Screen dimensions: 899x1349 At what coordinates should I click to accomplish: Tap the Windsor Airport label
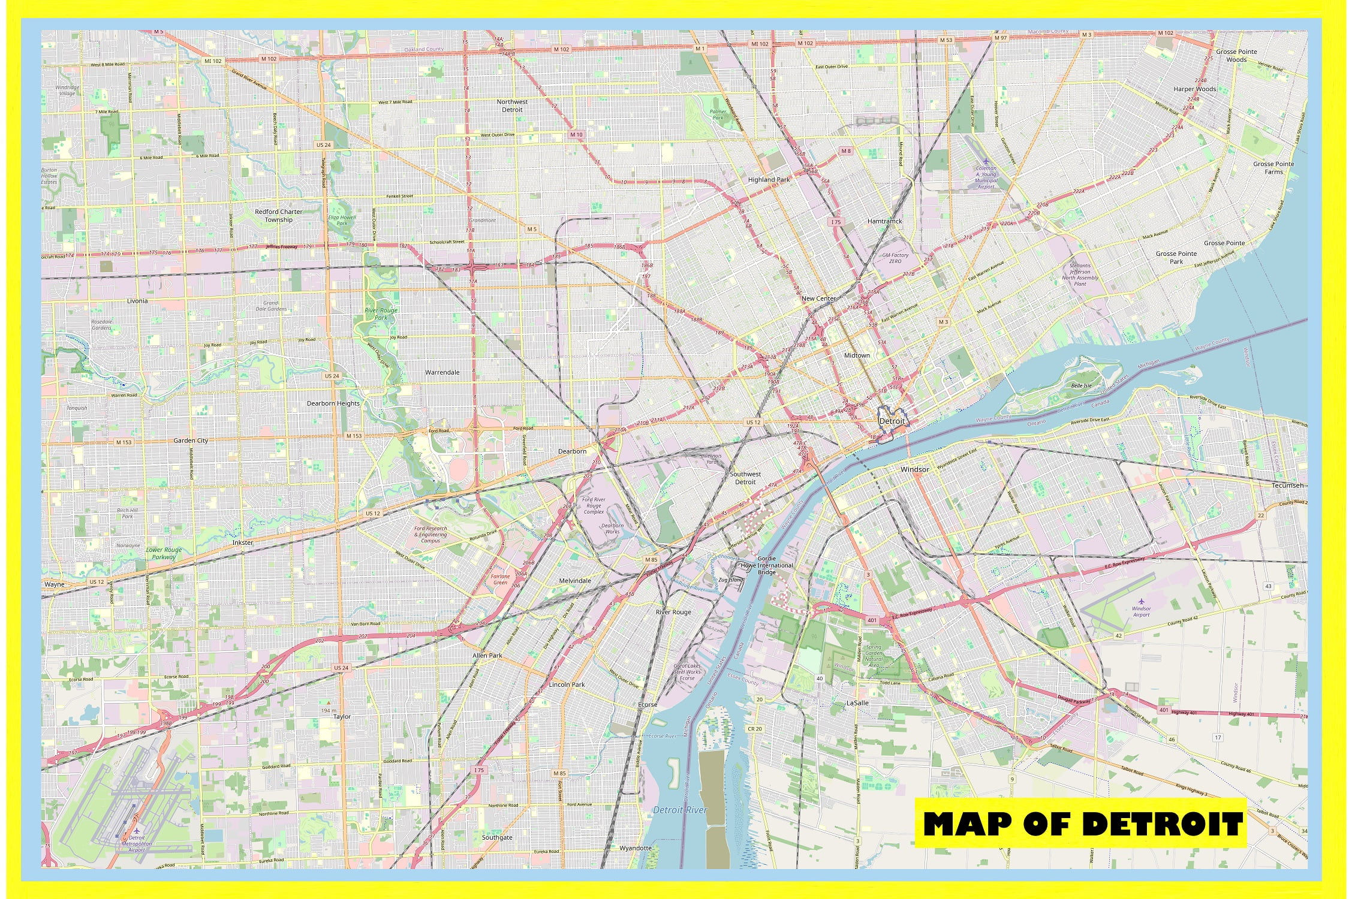(1141, 611)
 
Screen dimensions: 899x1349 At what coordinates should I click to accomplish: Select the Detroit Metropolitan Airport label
(137, 843)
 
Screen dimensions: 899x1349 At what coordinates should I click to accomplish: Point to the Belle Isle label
(1081, 385)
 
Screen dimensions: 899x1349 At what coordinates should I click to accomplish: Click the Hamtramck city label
(884, 221)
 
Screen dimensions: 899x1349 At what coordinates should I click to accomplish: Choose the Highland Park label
(769, 179)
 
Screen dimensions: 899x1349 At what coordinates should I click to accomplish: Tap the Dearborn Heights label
(333, 403)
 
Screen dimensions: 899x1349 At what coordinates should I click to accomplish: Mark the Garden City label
(191, 441)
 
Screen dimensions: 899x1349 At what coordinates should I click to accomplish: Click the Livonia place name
(137, 301)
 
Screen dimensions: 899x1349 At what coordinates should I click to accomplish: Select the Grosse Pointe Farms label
(1273, 168)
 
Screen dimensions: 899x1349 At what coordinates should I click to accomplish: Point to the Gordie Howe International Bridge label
(766, 565)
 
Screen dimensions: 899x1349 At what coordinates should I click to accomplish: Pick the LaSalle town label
(857, 703)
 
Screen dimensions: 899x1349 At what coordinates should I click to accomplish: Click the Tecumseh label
(1287, 485)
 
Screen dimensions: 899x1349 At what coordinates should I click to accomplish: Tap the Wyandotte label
(635, 848)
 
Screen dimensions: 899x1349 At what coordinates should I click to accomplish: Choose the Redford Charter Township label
(279, 216)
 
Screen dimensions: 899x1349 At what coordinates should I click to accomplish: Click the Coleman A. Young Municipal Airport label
(986, 177)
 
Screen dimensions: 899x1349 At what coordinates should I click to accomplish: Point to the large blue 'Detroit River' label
(679, 810)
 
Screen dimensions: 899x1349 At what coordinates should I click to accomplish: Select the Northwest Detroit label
(512, 106)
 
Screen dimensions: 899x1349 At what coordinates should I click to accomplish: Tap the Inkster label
(243, 542)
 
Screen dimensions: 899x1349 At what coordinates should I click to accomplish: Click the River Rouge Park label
(381, 314)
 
